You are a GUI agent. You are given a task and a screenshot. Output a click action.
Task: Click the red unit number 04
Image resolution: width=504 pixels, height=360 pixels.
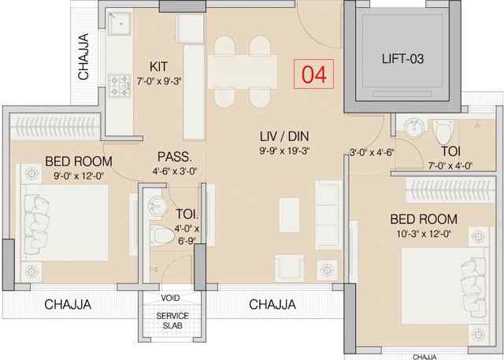[x=314, y=74]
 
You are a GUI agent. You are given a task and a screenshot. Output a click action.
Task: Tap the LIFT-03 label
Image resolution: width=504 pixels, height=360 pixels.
[x=402, y=59]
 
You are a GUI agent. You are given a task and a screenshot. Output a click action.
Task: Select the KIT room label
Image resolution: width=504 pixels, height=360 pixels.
[x=158, y=66]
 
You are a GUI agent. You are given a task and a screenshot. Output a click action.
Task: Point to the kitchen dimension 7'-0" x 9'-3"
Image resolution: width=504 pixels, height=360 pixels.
[x=159, y=81]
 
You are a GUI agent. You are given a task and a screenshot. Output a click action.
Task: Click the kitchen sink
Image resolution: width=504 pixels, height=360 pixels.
[x=119, y=23]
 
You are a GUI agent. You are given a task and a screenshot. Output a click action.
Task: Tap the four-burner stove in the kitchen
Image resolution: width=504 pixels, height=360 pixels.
[x=119, y=86]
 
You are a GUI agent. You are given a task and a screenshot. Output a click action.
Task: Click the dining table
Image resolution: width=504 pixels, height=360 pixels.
[x=243, y=72]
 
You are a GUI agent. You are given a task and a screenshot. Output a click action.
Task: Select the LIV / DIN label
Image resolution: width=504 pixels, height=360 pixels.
[x=284, y=136]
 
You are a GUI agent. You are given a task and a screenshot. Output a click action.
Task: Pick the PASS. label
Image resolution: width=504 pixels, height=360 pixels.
[x=174, y=157]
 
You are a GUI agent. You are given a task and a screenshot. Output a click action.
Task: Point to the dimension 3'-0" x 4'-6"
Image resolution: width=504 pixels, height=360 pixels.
[x=372, y=153]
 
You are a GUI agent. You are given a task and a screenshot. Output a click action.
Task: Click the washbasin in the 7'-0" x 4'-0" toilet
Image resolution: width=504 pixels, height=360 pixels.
[x=415, y=128]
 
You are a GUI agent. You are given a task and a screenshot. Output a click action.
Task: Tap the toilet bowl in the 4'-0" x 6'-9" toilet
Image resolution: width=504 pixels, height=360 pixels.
[x=162, y=236]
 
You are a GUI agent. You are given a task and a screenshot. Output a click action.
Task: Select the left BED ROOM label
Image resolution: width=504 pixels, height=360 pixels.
[x=79, y=161]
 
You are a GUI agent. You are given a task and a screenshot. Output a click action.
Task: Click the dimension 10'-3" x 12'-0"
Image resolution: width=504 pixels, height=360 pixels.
[x=424, y=234]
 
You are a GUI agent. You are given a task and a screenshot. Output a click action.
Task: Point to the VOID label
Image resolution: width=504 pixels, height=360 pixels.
[x=170, y=298]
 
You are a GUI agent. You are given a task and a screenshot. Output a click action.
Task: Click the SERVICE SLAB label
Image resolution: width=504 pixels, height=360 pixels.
[x=172, y=321]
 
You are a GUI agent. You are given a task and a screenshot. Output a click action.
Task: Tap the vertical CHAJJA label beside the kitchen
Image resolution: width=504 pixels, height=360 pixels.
[x=83, y=56]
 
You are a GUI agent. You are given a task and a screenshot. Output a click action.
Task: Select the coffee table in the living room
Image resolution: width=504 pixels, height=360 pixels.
[x=289, y=215]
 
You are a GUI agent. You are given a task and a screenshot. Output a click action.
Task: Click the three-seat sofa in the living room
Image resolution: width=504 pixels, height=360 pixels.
[x=328, y=215]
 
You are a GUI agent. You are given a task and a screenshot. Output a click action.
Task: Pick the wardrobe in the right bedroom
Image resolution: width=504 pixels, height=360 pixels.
[x=450, y=190]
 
